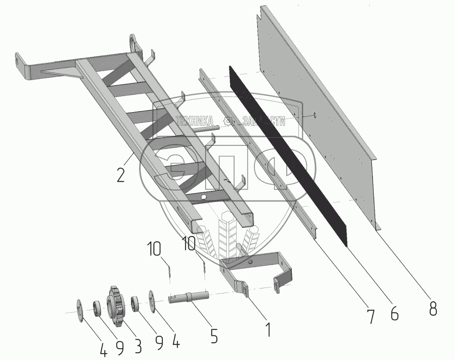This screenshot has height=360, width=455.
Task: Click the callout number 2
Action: (x=121, y=175)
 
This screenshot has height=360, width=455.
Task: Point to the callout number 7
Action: (x=370, y=316)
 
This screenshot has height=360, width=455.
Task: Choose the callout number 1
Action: (x=269, y=329)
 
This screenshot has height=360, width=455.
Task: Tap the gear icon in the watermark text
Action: (x=230, y=121)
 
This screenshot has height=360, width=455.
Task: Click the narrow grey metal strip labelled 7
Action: (x=260, y=150)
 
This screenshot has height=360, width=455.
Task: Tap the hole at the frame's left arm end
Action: (x=18, y=60)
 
